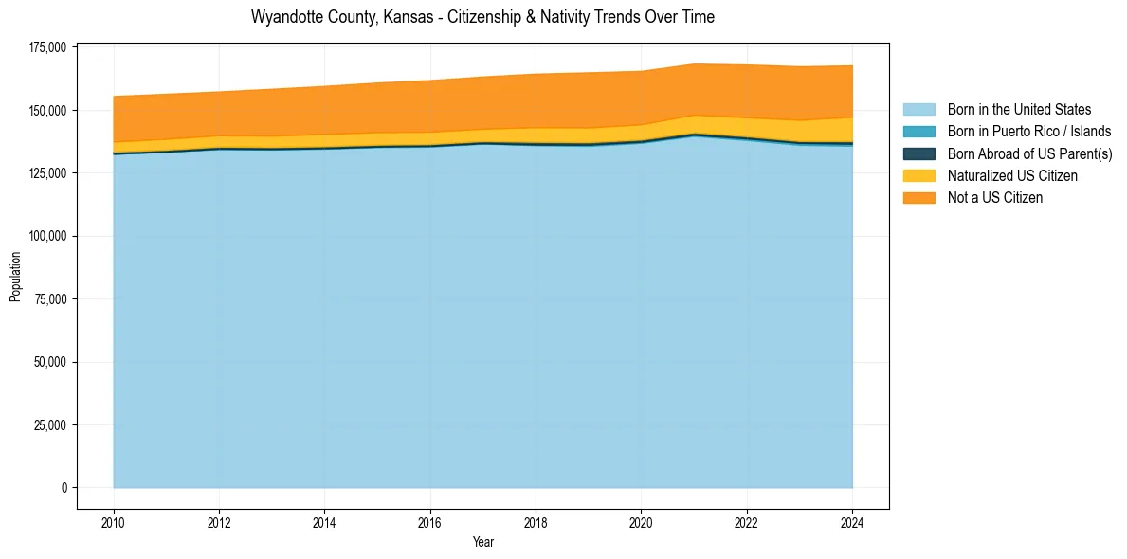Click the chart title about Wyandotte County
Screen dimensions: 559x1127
pos(482,17)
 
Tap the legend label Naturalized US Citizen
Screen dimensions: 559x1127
pos(1012,176)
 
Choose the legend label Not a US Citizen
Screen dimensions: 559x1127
pos(995,198)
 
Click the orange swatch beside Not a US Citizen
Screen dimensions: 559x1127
pos(918,198)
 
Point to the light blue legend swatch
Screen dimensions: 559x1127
pos(918,110)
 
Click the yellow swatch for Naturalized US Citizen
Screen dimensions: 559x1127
pos(918,176)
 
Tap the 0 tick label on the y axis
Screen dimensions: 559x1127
pos(65,488)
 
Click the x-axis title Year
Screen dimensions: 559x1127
pos(482,543)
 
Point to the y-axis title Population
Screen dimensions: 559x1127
pos(15,277)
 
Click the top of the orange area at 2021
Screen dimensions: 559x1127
pos(695,64)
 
